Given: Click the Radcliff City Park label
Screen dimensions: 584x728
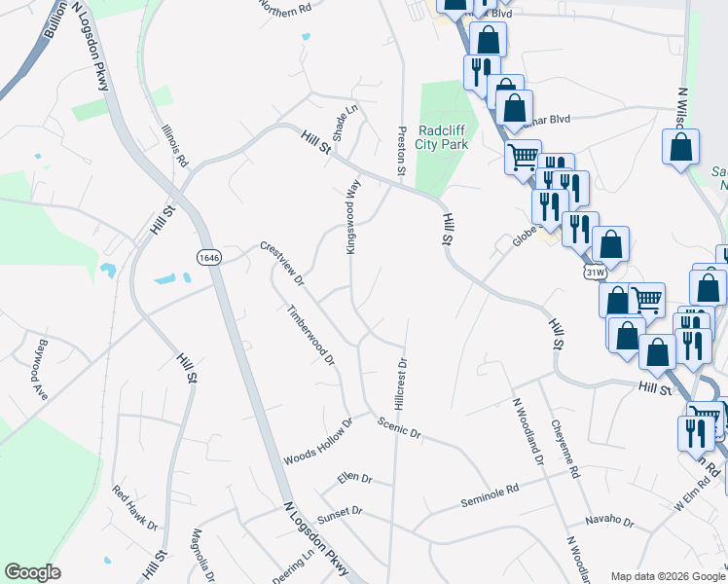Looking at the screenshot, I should tap(442, 137).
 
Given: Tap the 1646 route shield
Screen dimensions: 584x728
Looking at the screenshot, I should tap(207, 257).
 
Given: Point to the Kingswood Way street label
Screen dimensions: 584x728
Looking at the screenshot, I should tap(353, 216).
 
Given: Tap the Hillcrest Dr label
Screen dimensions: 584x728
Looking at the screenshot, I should tap(400, 382).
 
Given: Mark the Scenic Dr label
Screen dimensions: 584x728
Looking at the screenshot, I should tap(400, 425).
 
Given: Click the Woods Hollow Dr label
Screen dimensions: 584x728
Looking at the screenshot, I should tap(317, 443).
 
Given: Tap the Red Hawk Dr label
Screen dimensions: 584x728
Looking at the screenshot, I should tap(134, 508).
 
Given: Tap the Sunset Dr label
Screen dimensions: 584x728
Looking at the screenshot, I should tap(340, 511).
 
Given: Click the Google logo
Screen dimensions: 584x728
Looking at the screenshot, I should tap(32, 572).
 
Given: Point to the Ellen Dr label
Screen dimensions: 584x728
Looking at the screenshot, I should tap(354, 478).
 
